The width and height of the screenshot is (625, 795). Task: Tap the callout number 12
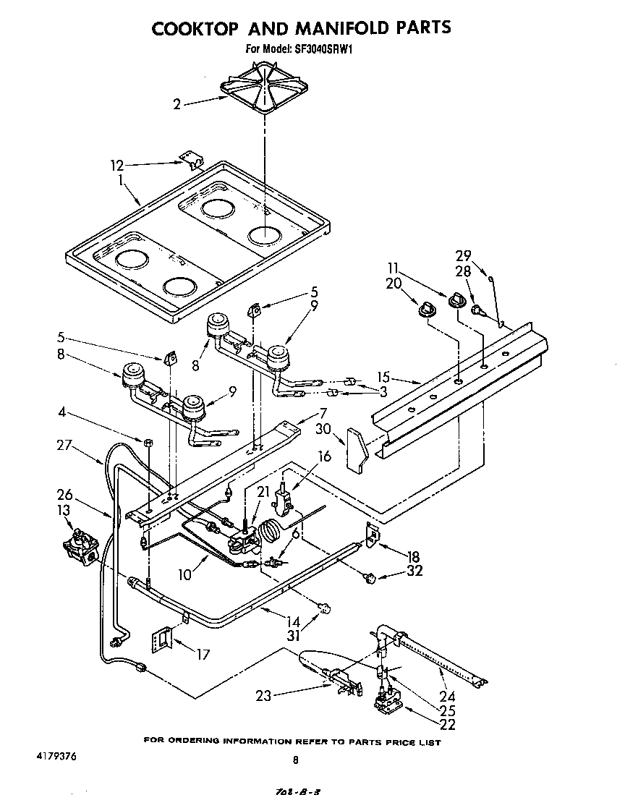pyautogui.click(x=118, y=166)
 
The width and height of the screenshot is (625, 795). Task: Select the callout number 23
pyautogui.click(x=264, y=697)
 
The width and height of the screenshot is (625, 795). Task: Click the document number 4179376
pyautogui.click(x=56, y=756)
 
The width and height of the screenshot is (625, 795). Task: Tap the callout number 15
pyautogui.click(x=383, y=377)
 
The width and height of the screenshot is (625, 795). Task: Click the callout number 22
pyautogui.click(x=449, y=725)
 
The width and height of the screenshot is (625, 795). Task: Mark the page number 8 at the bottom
pyautogui.click(x=295, y=760)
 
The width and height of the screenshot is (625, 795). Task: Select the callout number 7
pyautogui.click(x=323, y=413)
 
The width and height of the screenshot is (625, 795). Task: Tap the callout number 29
pyautogui.click(x=463, y=255)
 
